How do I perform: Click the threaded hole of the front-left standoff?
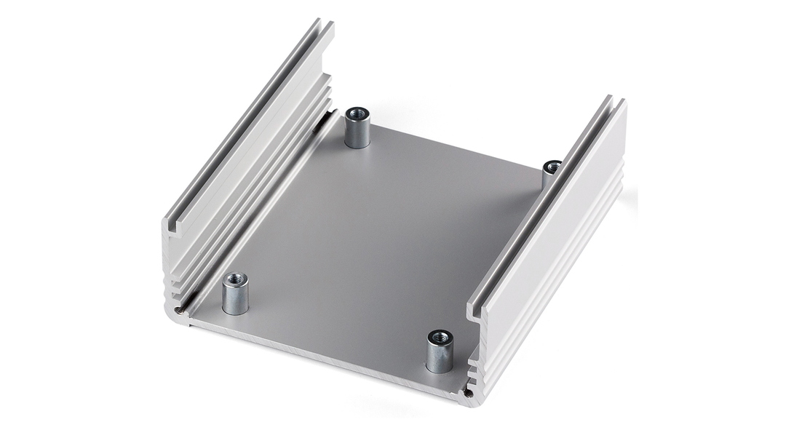tap(235, 278)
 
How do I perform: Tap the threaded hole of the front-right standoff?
tap(440, 337)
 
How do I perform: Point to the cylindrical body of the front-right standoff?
tap(440, 359)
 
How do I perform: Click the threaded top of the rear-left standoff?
tap(357, 114)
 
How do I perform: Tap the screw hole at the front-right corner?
tap(469, 394)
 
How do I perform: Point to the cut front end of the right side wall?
tap(477, 349)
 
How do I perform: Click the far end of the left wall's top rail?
tap(324, 25)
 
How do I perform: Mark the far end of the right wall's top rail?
tap(615, 102)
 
